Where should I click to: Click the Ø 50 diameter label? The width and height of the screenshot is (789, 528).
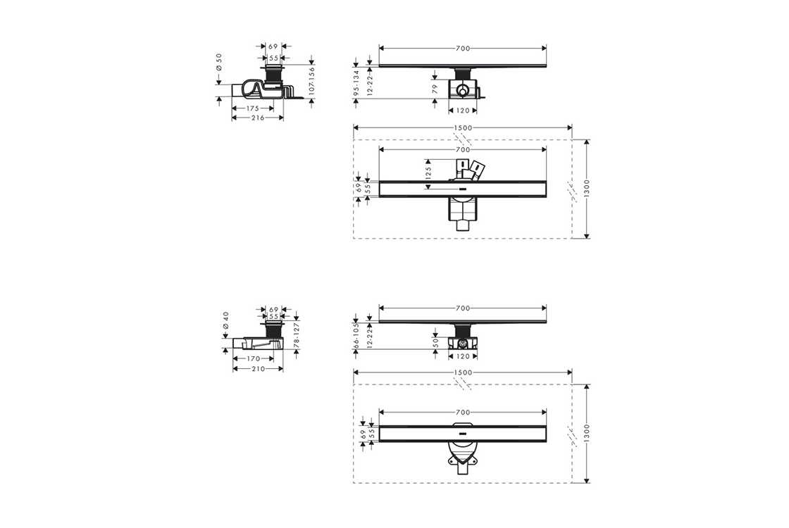(219, 64)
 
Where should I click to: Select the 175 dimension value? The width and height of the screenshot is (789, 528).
(253, 108)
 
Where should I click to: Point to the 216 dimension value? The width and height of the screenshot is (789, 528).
(258, 118)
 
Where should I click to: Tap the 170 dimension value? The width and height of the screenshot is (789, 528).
(253, 358)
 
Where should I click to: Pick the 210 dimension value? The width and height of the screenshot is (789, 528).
(258, 369)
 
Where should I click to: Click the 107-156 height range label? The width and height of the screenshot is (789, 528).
(311, 80)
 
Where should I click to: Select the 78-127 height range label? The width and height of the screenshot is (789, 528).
(297, 334)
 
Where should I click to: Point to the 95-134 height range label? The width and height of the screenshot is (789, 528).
(356, 83)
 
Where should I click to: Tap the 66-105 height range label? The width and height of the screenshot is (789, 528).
(356, 335)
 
